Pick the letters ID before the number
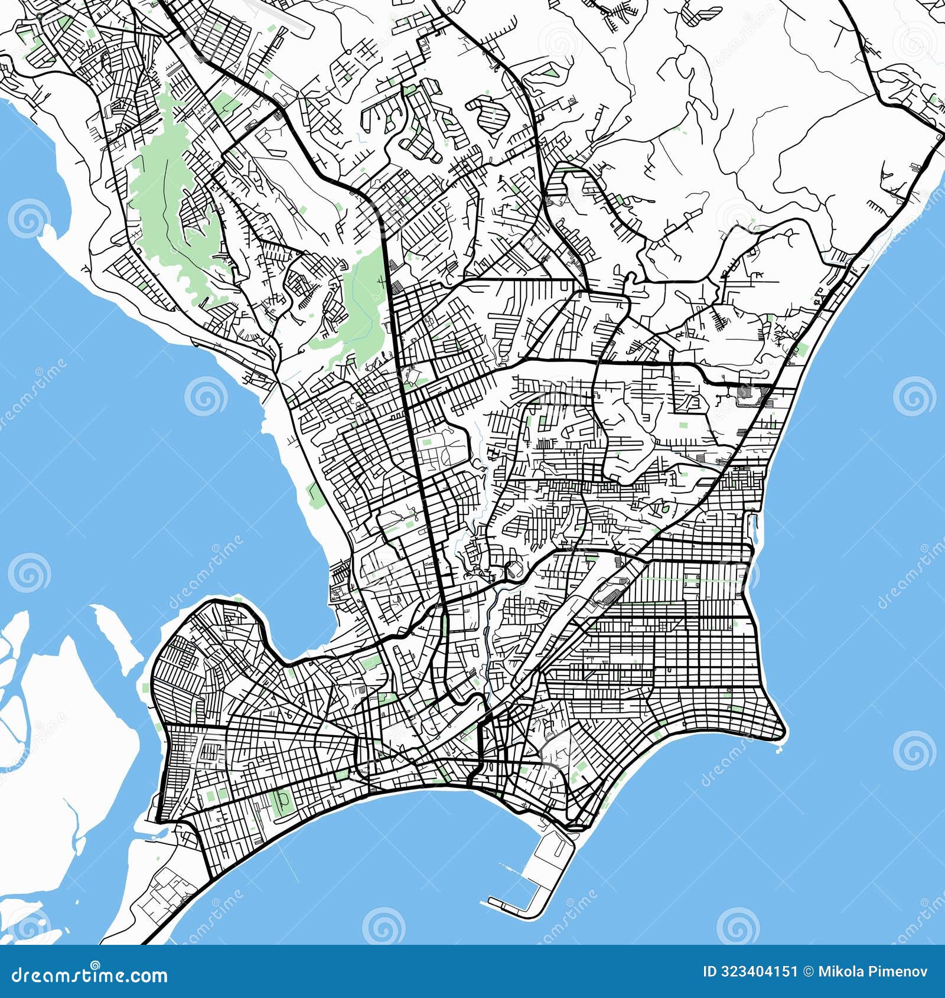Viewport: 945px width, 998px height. click(709, 971)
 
